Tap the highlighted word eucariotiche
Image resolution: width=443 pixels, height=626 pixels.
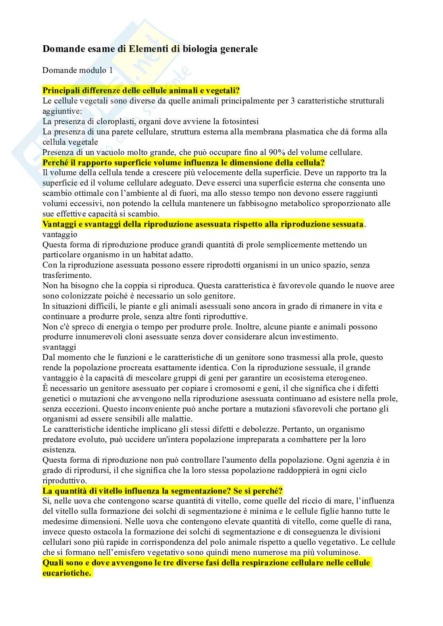point(67,573)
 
